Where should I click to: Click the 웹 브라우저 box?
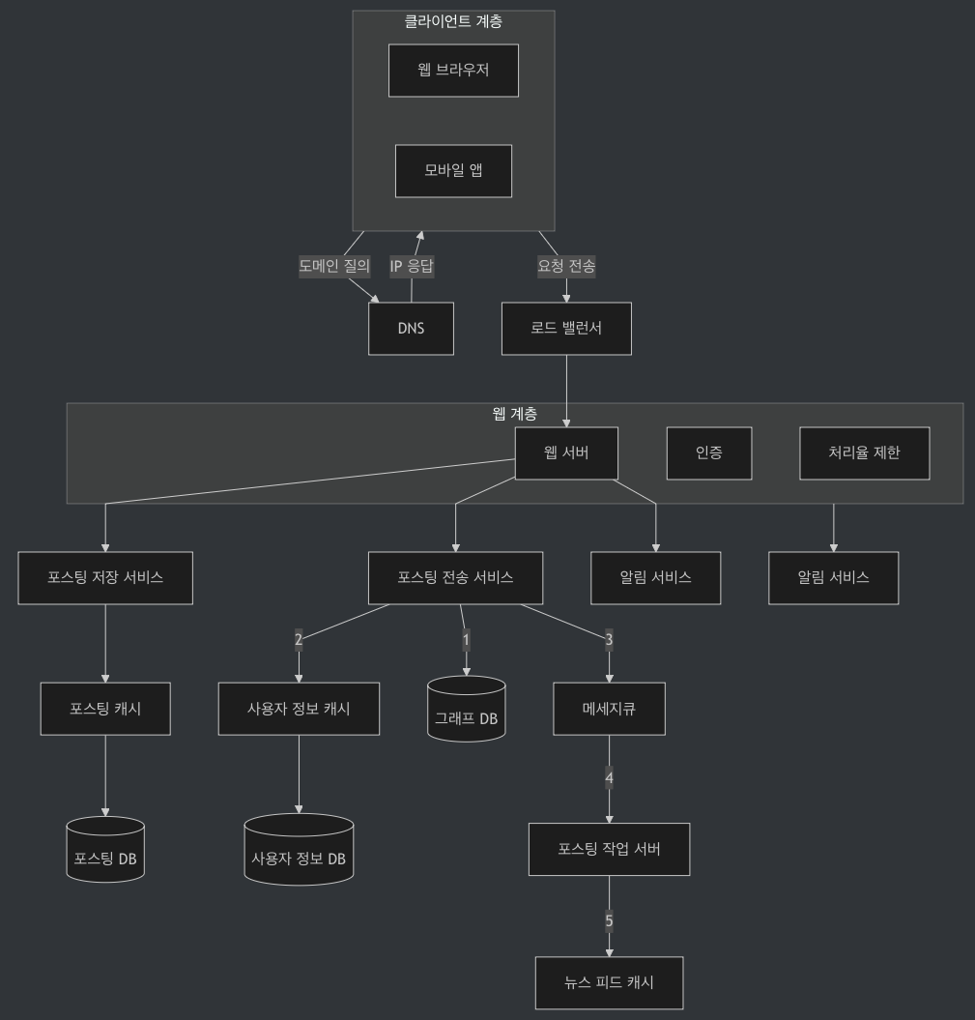pos(453,71)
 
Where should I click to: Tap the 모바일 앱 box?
pos(453,171)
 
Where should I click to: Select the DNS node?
pos(411,329)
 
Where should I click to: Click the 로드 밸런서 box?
pos(566,329)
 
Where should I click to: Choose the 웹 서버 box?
pos(566,453)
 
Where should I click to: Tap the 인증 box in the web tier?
pos(708,453)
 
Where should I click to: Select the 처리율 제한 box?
pos(864,453)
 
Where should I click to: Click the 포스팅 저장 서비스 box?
pos(105,578)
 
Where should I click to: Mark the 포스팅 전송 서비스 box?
pos(455,578)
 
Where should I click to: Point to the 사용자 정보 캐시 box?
pos(299,709)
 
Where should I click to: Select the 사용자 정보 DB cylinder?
pos(299,850)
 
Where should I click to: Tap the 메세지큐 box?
pos(609,709)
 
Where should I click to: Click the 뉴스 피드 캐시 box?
pos(609,983)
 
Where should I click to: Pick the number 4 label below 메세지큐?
pos(609,777)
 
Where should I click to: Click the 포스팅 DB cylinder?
pos(105,850)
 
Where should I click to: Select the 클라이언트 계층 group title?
pos(453,21)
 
